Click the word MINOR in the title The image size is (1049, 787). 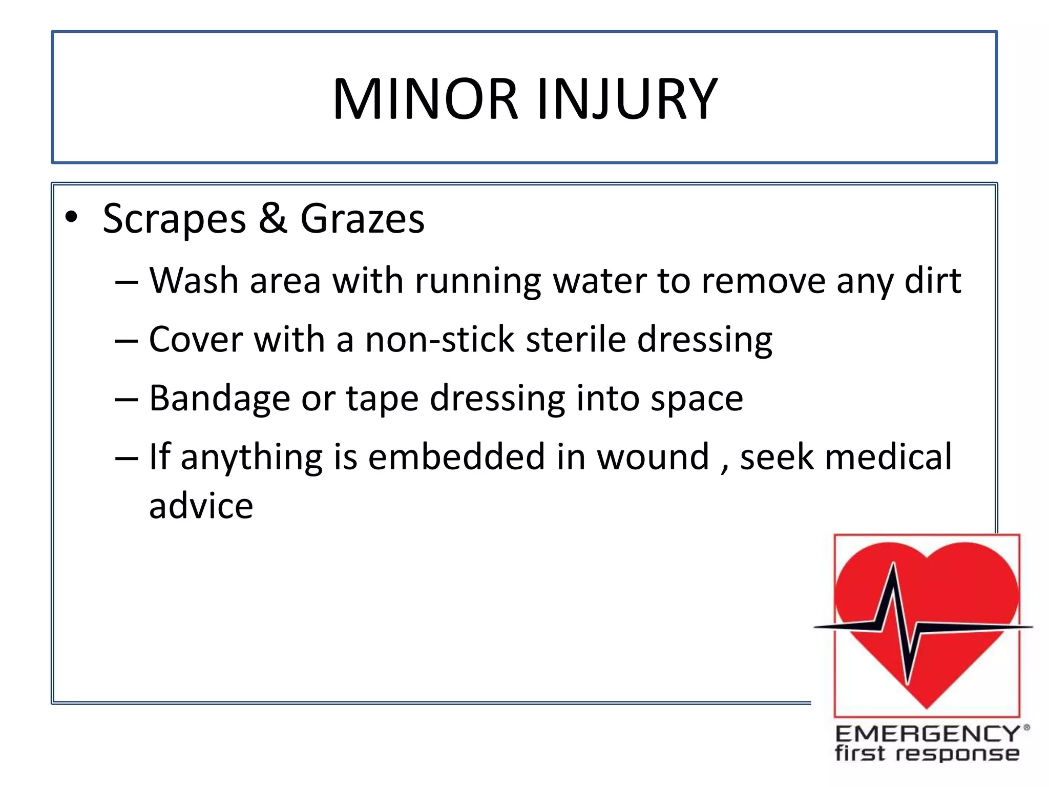(425, 99)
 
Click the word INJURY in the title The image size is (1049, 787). (627, 99)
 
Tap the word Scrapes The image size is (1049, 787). (174, 219)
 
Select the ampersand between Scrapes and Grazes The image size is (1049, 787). (272, 218)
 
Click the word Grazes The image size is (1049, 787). (362, 219)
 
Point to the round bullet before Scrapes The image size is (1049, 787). (71, 218)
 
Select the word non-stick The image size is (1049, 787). (439, 340)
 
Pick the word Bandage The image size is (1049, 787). (219, 399)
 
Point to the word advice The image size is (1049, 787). (201, 506)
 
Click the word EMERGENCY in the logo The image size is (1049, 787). (927, 734)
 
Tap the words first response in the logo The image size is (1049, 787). (927, 754)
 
